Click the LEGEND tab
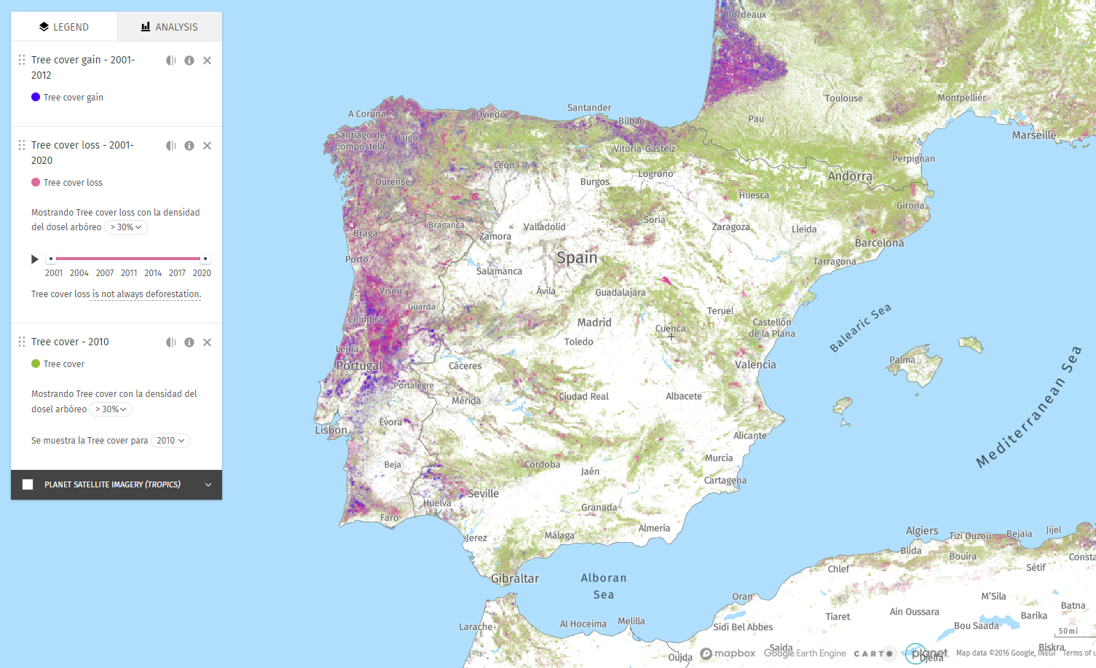point(63,27)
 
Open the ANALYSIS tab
point(169,27)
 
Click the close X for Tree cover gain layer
point(208,60)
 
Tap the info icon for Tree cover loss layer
point(189,146)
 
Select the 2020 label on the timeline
point(202,273)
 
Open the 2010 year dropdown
point(170,441)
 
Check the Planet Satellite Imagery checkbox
point(28,484)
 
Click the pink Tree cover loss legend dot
point(36,182)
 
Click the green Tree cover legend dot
point(36,364)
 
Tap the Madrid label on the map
point(594,322)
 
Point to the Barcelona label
point(879,243)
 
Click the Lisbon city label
point(331,430)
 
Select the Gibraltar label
point(515,578)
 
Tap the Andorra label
point(850,176)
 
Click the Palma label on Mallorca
point(902,360)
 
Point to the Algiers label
point(922,530)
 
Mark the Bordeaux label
point(746,15)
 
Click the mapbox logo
point(728,653)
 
